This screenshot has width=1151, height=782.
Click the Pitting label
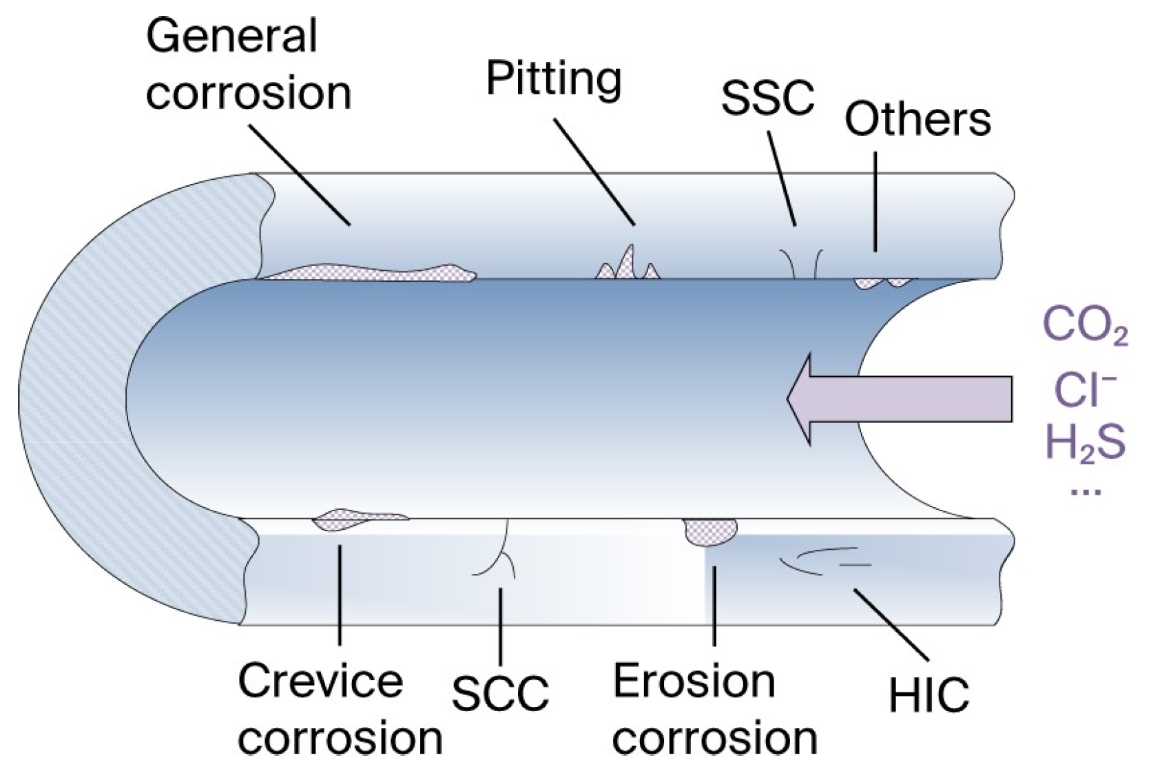click(x=554, y=79)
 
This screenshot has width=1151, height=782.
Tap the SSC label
click(x=767, y=97)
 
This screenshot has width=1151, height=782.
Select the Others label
click(x=917, y=119)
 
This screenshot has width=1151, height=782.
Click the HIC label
click(x=929, y=695)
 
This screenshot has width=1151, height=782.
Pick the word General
click(x=231, y=36)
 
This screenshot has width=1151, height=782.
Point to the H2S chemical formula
click(x=1085, y=442)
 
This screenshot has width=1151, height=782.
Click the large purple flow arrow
click(x=895, y=399)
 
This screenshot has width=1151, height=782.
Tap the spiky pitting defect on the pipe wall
click(x=627, y=265)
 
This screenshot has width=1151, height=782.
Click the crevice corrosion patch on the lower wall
click(x=351, y=519)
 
